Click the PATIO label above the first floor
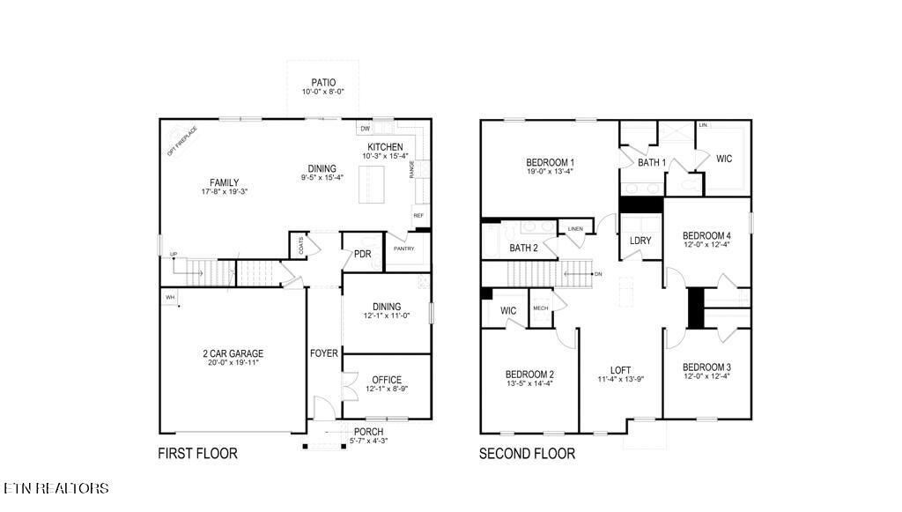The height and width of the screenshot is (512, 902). click(x=323, y=83)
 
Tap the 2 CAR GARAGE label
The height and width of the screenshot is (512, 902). click(x=233, y=353)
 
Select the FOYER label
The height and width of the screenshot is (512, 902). click(x=323, y=353)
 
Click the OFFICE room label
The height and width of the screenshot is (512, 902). click(x=386, y=380)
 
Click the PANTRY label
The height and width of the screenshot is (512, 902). click(x=403, y=249)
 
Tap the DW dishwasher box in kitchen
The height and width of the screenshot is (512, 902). click(x=365, y=129)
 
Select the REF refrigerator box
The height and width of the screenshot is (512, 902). click(x=418, y=215)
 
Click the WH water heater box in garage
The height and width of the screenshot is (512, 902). click(x=170, y=298)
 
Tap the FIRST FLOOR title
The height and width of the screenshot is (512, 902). click(x=197, y=455)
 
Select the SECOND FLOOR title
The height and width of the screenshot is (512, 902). click(x=527, y=455)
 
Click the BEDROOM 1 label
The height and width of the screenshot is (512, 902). click(x=550, y=162)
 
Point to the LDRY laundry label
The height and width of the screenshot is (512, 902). click(x=640, y=241)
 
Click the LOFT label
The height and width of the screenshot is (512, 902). click(x=621, y=370)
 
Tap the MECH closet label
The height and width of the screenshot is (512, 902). click(x=540, y=308)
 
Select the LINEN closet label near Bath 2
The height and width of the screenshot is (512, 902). click(x=575, y=229)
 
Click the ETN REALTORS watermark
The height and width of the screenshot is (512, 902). click(x=56, y=488)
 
